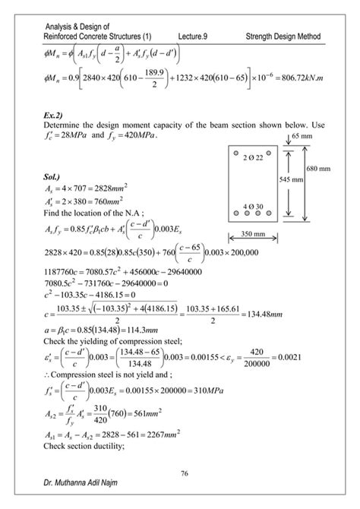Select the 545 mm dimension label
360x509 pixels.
tap(290, 181)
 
